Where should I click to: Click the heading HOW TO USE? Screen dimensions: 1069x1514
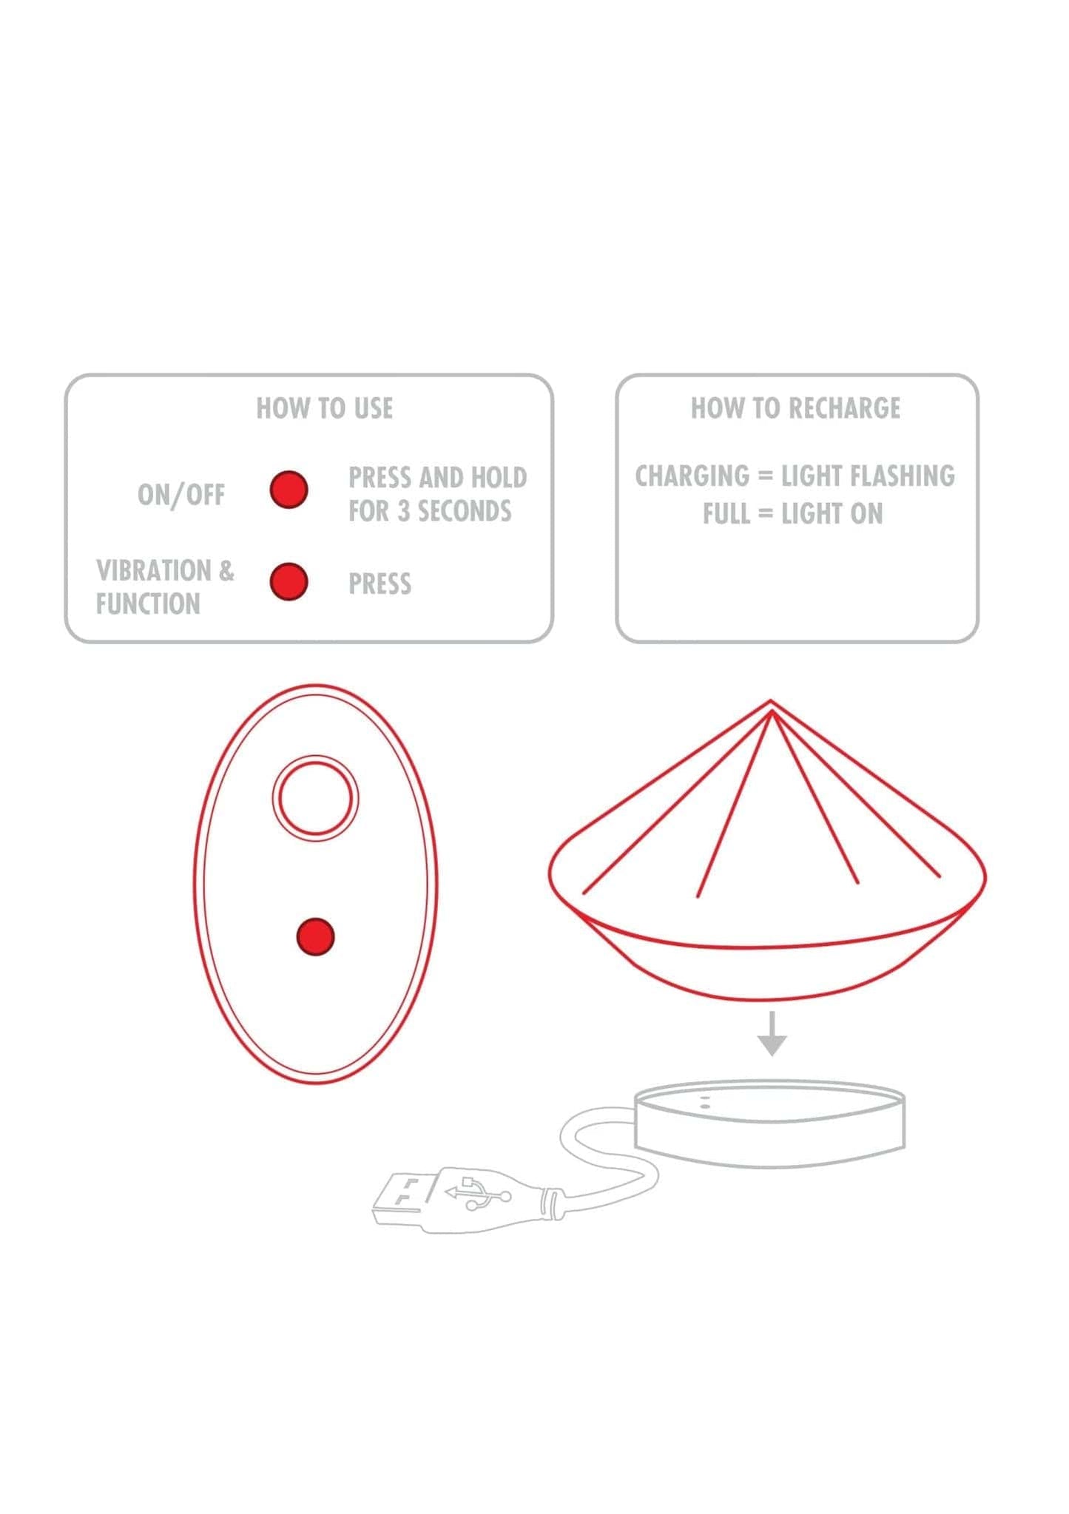325,408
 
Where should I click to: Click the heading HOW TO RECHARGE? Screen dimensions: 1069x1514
796,408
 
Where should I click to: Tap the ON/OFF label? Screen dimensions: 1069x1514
181,495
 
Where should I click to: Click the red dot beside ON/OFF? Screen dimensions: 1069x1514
289,490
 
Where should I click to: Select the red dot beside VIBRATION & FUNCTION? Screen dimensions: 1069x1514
289,581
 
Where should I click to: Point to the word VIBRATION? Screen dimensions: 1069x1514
154,570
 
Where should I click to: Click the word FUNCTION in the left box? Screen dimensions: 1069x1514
148,604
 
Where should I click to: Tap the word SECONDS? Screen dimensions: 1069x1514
465,511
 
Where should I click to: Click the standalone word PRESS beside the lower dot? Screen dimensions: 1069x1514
380,584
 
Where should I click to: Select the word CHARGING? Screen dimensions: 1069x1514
692,476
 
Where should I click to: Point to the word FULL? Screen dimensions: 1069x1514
726,513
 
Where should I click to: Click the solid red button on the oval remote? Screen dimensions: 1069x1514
315,936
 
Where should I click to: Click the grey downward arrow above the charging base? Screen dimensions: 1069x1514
772,1033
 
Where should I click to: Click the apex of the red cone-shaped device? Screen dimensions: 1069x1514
771,701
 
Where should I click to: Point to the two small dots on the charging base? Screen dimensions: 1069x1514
704,1102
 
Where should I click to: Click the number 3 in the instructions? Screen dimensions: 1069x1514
404,511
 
